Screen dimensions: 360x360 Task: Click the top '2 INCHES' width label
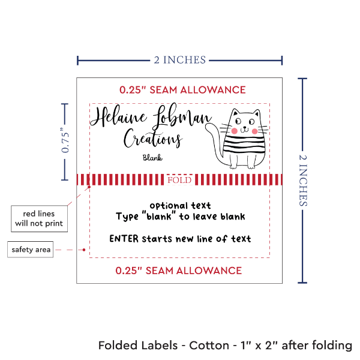pos(180,59)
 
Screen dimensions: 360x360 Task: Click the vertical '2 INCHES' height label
pos(305,179)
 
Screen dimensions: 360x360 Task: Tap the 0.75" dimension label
pos(65,141)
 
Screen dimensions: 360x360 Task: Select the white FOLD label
pos(179,180)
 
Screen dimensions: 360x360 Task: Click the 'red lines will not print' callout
pos(39,219)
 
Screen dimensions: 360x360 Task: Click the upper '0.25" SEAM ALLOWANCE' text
pos(182,90)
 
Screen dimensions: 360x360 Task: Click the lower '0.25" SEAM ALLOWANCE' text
pos(179,270)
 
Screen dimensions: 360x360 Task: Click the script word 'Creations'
pos(152,139)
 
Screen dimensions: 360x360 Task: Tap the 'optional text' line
pos(180,206)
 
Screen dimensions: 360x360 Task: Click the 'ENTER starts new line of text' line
pos(180,239)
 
